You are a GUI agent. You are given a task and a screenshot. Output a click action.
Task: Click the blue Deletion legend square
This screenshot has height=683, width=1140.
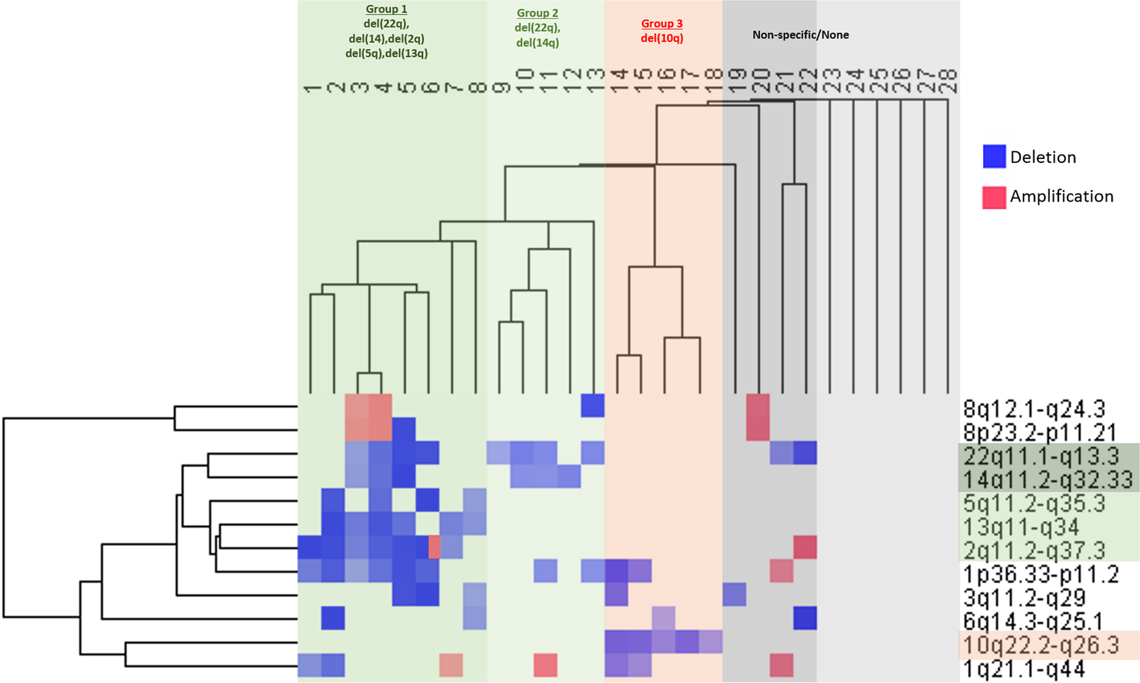pyautogui.click(x=994, y=157)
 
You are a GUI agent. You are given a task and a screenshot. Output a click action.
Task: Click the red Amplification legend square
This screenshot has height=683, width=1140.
pyautogui.click(x=994, y=197)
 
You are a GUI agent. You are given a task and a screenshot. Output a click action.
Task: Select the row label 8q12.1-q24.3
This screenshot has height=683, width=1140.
pyautogui.click(x=1034, y=409)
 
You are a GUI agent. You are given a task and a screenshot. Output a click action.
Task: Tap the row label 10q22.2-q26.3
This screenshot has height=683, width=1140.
pyautogui.click(x=1041, y=645)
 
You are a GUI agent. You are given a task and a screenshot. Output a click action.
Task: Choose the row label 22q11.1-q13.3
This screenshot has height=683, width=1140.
pyautogui.click(x=1041, y=456)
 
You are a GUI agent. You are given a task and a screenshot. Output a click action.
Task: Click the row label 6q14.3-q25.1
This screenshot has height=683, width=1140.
pyautogui.click(x=1032, y=621)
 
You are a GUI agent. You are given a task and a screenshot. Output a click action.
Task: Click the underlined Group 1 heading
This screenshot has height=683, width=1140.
pyautogui.click(x=386, y=9)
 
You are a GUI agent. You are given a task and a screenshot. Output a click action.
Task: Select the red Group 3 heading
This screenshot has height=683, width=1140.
pyautogui.click(x=662, y=23)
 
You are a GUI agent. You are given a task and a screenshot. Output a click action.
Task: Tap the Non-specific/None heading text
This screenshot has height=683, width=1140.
pyautogui.click(x=800, y=35)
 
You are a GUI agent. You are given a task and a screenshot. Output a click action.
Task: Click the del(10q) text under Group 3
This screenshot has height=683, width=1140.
pyautogui.click(x=662, y=38)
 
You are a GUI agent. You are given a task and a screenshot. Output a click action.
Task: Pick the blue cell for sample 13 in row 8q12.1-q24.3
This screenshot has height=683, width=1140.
pyautogui.click(x=592, y=405)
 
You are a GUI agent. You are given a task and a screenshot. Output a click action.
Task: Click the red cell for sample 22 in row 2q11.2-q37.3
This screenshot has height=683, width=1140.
pyautogui.click(x=805, y=547)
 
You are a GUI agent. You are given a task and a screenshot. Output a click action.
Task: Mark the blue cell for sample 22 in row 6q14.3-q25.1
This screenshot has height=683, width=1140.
pyautogui.click(x=805, y=618)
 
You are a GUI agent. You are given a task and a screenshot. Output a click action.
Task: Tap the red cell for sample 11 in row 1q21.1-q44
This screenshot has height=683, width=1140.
pyautogui.click(x=546, y=665)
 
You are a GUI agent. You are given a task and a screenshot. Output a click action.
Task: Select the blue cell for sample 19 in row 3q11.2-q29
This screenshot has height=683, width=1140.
pyautogui.click(x=735, y=594)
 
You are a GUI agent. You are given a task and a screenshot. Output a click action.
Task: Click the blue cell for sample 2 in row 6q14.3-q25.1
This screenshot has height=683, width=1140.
pyautogui.click(x=333, y=618)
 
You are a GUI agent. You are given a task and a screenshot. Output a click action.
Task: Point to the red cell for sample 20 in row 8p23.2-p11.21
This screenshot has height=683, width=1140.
pyautogui.click(x=758, y=429)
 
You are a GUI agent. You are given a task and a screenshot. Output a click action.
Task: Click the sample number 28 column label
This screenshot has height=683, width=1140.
pyautogui.click(x=948, y=82)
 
